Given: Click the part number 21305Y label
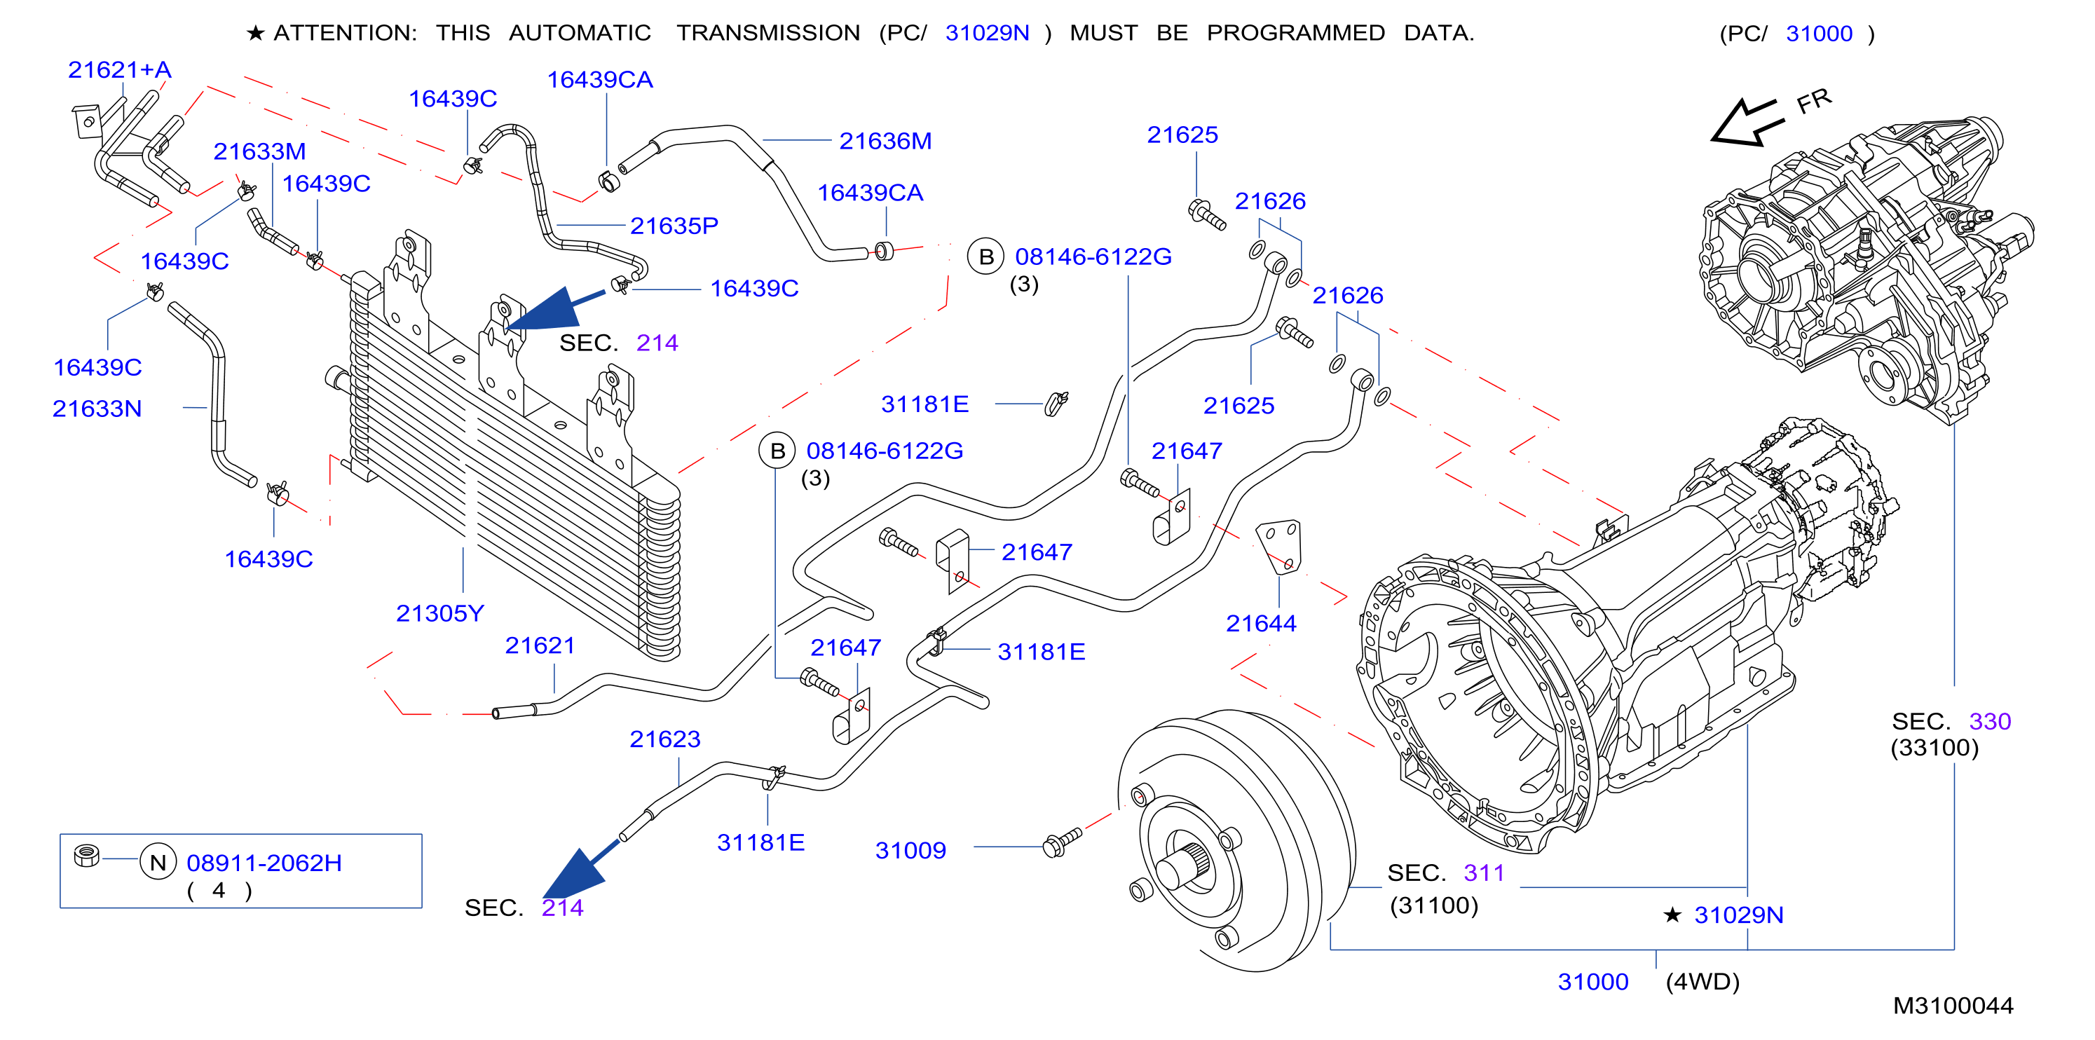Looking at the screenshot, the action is (440, 613).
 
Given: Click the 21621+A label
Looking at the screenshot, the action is (120, 70).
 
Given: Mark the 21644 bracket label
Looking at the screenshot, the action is (1261, 624).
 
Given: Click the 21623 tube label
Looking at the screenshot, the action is (664, 739).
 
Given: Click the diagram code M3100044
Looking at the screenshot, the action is (1953, 1006).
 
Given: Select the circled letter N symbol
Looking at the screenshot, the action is (158, 862).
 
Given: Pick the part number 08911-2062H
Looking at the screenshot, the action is (264, 863).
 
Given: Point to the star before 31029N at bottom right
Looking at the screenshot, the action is (1672, 915).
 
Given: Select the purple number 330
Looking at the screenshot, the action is (1989, 721).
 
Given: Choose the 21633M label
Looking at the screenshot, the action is (259, 151).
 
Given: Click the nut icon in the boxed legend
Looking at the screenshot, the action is (86, 856).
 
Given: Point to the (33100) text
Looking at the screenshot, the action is (1934, 747).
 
